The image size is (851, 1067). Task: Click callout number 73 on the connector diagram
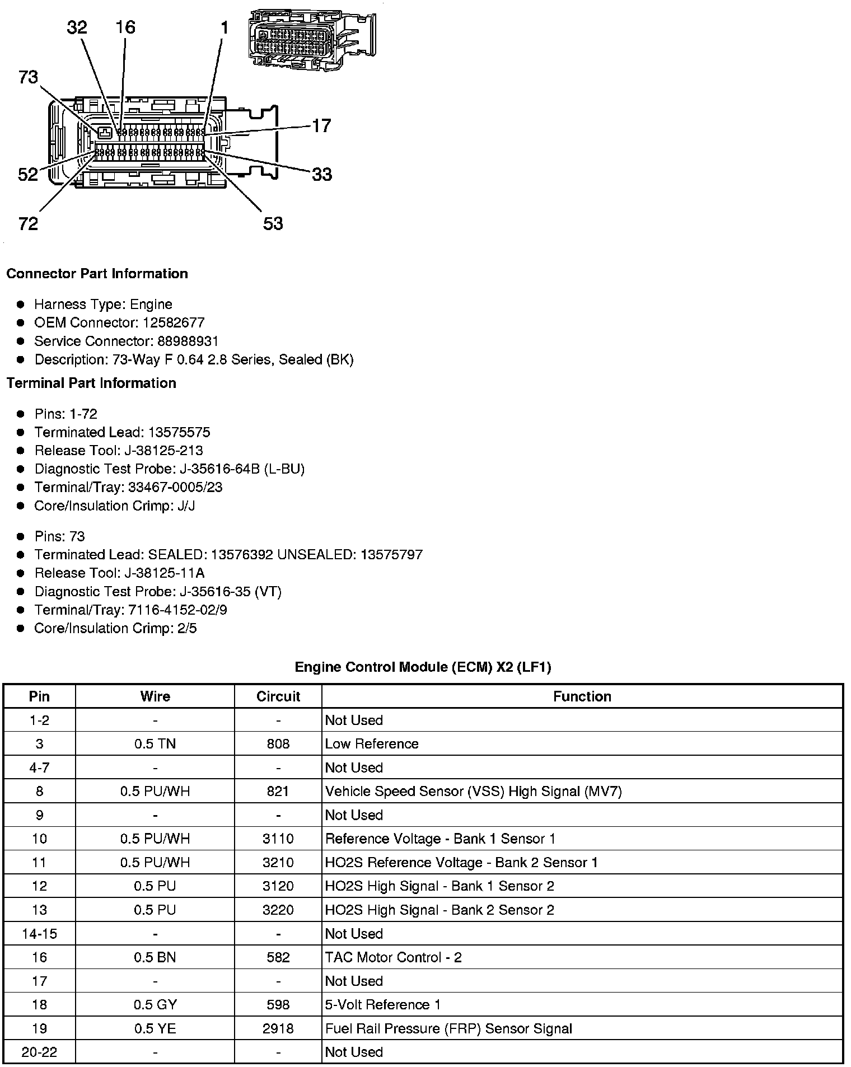[28, 77]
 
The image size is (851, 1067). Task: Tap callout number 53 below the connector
[273, 224]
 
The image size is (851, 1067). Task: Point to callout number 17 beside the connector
[321, 125]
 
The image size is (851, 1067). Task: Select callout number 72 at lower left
[28, 224]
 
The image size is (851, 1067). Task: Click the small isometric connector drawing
[311, 40]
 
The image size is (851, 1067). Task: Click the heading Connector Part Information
[97, 274]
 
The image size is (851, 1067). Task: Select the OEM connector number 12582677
[174, 322]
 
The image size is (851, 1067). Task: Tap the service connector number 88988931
[180, 341]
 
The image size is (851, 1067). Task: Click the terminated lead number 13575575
[179, 432]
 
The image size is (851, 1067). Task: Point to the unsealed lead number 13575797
[391, 555]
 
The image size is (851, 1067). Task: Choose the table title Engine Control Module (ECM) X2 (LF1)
[423, 667]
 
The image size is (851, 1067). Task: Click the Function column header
[582, 696]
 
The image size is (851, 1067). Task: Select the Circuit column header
[278, 696]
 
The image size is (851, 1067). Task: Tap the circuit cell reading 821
[278, 791]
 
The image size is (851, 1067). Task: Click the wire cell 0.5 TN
[155, 744]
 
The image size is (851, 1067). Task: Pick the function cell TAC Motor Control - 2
[393, 957]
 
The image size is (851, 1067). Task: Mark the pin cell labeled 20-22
[39, 1052]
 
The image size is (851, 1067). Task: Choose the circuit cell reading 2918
[278, 1028]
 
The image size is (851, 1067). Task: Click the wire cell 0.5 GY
[155, 1005]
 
